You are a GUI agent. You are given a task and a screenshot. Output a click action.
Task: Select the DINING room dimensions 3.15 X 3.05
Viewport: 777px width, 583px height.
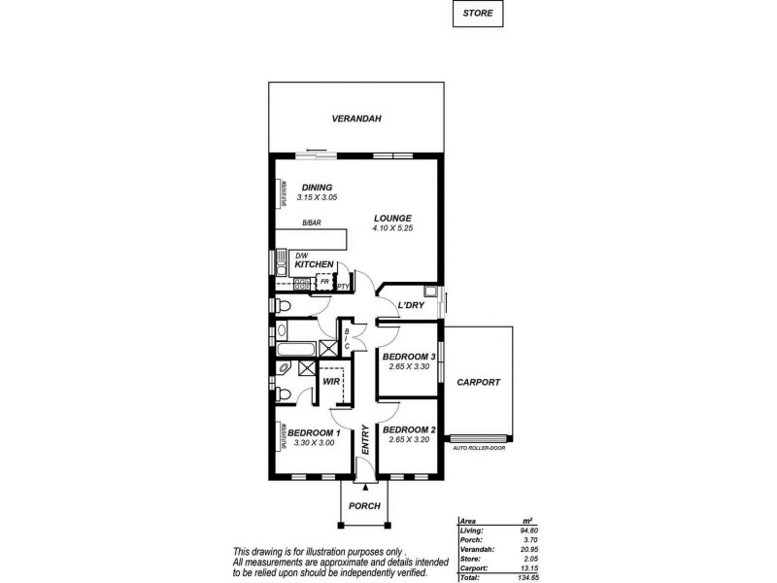point(317,197)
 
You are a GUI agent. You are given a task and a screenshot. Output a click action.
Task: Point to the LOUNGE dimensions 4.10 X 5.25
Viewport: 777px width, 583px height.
point(392,228)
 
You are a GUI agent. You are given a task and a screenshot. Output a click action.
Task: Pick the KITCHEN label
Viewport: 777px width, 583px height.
point(315,265)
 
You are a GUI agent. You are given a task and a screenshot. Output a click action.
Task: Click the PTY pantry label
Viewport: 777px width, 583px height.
point(343,287)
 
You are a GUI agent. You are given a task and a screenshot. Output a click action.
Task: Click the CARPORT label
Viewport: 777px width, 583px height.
point(478,383)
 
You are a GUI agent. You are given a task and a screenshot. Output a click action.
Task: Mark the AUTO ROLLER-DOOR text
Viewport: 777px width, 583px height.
point(480,448)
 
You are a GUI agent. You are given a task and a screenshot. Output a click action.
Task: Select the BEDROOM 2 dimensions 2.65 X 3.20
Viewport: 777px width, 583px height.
point(408,440)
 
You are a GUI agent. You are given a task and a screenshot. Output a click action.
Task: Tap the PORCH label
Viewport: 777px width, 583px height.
point(364,506)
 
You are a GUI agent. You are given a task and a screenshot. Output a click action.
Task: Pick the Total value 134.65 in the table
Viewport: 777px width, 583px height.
point(526,577)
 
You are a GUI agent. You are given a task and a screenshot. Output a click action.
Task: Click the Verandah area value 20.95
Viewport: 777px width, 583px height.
point(528,549)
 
